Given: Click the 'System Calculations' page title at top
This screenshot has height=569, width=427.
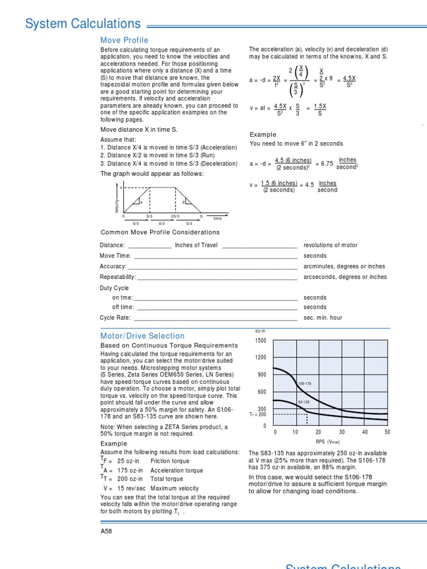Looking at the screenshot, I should pos(83,24).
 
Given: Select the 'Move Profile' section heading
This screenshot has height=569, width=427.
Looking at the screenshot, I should pos(124,40).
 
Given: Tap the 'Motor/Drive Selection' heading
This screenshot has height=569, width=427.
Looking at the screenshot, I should pos(142,336).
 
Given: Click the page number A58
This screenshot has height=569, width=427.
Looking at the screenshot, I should pos(106,531).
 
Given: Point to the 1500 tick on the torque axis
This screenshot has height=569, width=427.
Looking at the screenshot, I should pos(261,341).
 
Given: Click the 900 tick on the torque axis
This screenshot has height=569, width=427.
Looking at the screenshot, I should pos(262,375).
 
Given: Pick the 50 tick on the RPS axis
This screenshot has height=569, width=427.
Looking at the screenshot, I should pos(387,432).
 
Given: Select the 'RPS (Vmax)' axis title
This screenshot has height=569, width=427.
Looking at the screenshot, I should pos(327,442).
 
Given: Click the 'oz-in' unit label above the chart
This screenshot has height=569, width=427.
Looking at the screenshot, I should pos(260,331).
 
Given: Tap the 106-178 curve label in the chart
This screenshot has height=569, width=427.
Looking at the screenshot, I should pos(304,383).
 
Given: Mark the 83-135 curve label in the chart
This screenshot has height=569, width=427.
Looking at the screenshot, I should pos(304,402).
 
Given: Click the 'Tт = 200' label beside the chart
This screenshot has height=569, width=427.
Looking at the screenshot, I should pos(258,414).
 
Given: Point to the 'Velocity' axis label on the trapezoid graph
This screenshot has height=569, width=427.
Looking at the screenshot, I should pos(117,205).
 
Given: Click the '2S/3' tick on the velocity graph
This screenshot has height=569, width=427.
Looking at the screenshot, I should pos(175,216).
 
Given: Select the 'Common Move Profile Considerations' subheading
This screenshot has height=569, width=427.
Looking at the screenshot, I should pos(160,232).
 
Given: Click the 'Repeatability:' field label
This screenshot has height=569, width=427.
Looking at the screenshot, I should pos(117,277).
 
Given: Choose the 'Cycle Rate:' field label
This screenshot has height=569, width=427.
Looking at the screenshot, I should pos(115,318).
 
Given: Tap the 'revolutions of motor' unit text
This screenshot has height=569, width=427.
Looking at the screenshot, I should pos(330,245).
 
